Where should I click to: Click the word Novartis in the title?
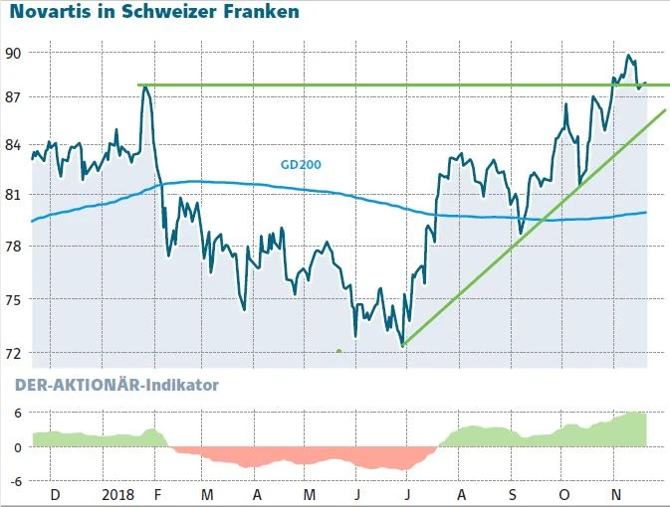pyautogui.click(x=50, y=13)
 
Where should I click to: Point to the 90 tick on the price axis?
pyautogui.click(x=15, y=52)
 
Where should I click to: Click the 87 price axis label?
pyautogui.click(x=15, y=97)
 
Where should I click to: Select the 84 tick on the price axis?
pyautogui.click(x=15, y=145)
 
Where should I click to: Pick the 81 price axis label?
pyautogui.click(x=15, y=195)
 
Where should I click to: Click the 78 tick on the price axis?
pyautogui.click(x=15, y=246)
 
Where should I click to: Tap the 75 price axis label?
pyautogui.click(x=15, y=299)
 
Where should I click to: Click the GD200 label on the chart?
pyautogui.click(x=300, y=165)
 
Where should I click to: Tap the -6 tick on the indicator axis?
pyautogui.click(x=15, y=481)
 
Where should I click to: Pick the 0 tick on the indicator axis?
pyautogui.click(x=18, y=447)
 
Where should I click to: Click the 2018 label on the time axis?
pyautogui.click(x=117, y=494)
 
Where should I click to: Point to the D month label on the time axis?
pyautogui.click(x=55, y=494)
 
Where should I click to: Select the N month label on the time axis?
pyautogui.click(x=615, y=494)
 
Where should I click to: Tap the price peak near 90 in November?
pyautogui.click(x=628, y=56)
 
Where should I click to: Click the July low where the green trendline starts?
pyautogui.click(x=402, y=345)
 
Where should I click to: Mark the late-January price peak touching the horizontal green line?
pyautogui.click(x=146, y=86)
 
